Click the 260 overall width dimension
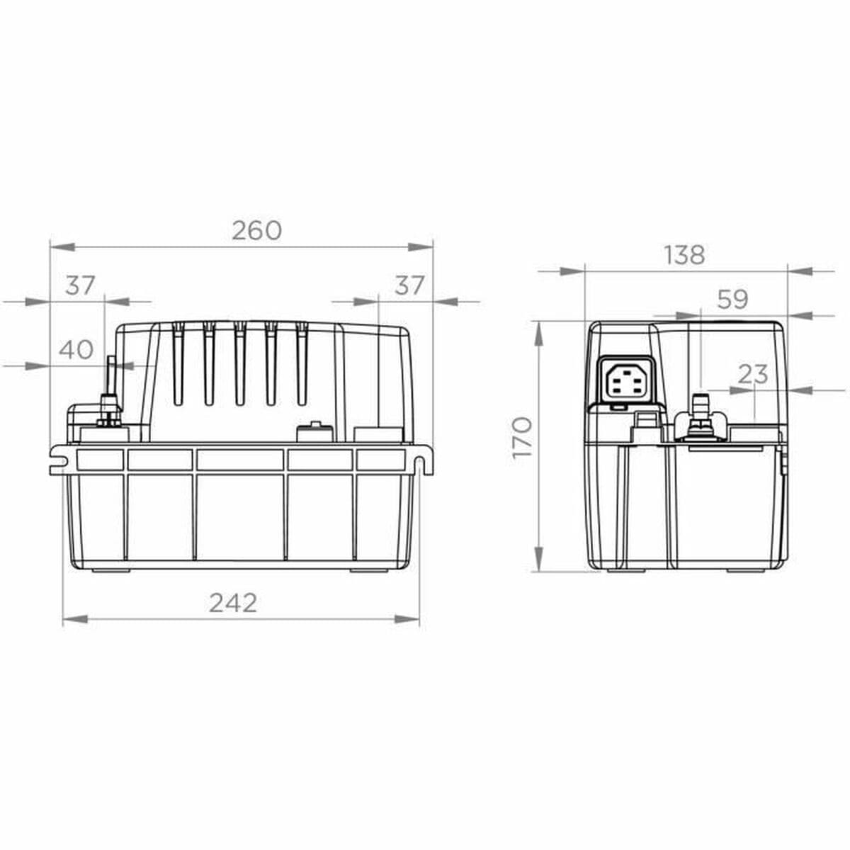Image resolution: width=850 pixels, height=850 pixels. [256, 231]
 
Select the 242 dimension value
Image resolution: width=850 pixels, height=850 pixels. [233, 602]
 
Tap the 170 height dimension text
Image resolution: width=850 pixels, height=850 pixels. [522, 437]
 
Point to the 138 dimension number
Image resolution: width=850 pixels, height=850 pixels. [684, 255]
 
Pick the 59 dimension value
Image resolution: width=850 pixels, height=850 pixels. [732, 300]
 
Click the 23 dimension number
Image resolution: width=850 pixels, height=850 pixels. [752, 374]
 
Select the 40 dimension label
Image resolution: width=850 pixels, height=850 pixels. [76, 349]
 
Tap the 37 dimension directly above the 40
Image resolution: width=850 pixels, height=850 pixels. [80, 285]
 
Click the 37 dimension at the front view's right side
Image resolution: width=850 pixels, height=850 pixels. [409, 285]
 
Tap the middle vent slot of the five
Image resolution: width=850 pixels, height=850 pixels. [240, 365]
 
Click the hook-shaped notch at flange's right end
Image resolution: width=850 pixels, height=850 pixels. [422, 461]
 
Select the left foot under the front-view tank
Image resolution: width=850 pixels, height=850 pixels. [110, 568]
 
